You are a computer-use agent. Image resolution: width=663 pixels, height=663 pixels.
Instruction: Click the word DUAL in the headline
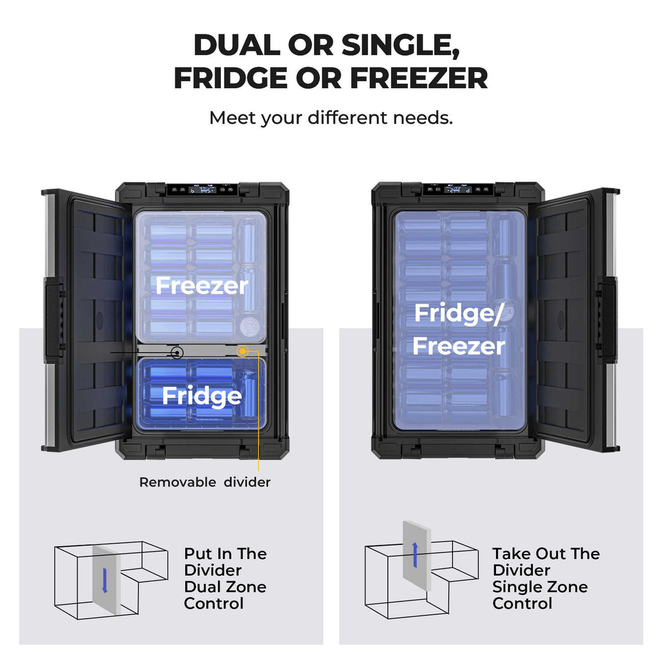(x=237, y=45)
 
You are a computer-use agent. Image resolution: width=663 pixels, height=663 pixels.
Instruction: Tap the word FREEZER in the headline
(x=419, y=78)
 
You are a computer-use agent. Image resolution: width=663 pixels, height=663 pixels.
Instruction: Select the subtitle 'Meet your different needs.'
(x=331, y=118)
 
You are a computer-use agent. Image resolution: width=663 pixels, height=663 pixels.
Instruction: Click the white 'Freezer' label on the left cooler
(x=201, y=286)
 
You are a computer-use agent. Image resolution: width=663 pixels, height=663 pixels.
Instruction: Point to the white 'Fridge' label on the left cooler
(x=202, y=397)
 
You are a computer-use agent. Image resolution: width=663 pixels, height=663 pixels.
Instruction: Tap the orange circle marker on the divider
(x=243, y=351)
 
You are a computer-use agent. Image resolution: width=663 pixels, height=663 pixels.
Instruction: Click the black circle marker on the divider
(x=177, y=352)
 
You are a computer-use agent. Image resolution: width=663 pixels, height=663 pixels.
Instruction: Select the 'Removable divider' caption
(x=204, y=482)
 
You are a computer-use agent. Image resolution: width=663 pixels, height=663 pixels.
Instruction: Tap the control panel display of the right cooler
(x=459, y=190)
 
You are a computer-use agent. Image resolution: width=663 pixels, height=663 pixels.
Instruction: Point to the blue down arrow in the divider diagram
(x=105, y=580)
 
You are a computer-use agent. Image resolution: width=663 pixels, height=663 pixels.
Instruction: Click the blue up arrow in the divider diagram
(x=415, y=555)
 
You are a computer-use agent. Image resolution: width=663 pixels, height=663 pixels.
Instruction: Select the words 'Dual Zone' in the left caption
(x=226, y=587)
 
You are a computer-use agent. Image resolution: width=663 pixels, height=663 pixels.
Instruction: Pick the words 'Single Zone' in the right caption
(x=540, y=587)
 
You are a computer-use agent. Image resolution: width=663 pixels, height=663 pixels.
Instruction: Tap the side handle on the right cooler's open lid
(x=607, y=319)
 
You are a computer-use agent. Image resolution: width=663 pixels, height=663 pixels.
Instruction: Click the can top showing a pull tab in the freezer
(x=249, y=327)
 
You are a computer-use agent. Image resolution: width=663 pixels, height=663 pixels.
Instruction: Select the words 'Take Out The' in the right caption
(x=546, y=554)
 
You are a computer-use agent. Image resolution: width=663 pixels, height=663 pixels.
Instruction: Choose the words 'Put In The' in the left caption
(x=226, y=554)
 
